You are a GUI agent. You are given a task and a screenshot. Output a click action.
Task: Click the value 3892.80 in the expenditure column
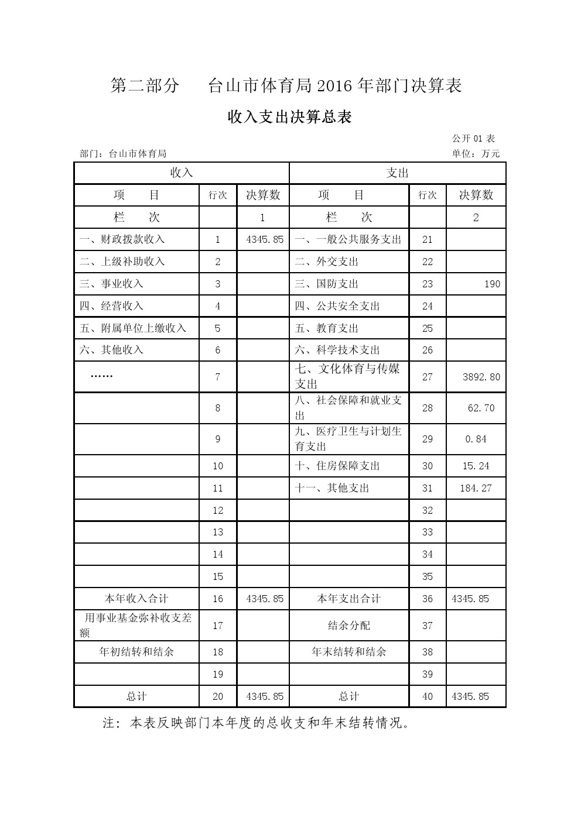(x=481, y=377)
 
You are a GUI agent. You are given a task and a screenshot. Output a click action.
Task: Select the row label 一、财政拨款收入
(x=122, y=239)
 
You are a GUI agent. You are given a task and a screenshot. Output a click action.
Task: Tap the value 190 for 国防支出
(x=492, y=284)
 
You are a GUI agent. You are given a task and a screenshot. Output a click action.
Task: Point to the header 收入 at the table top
(x=181, y=173)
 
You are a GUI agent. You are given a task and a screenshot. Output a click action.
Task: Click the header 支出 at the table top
(x=397, y=173)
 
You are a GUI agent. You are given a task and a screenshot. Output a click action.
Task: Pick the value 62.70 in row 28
(x=481, y=408)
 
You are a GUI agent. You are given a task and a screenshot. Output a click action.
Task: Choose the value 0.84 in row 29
(x=476, y=439)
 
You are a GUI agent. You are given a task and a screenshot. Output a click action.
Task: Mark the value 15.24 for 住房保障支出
(x=476, y=466)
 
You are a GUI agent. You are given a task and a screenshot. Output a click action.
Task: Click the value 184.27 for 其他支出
(x=476, y=488)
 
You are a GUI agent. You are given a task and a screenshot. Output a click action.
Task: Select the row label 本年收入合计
(x=136, y=599)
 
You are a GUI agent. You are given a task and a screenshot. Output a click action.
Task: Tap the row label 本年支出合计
(x=348, y=599)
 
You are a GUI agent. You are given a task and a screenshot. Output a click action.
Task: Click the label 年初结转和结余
(x=136, y=651)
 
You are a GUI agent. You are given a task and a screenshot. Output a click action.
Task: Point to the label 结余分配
(x=348, y=626)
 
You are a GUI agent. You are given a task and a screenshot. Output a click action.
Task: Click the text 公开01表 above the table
(x=473, y=139)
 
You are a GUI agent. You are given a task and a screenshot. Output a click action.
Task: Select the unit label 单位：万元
(x=476, y=154)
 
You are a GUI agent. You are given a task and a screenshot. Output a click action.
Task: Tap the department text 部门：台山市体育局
(x=123, y=154)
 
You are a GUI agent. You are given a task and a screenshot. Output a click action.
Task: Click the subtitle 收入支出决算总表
(x=289, y=117)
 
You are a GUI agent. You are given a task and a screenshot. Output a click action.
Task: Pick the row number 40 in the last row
(x=427, y=696)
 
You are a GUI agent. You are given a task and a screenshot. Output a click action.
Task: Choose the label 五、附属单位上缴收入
(x=133, y=328)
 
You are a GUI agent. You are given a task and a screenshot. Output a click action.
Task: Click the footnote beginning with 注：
(x=256, y=723)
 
